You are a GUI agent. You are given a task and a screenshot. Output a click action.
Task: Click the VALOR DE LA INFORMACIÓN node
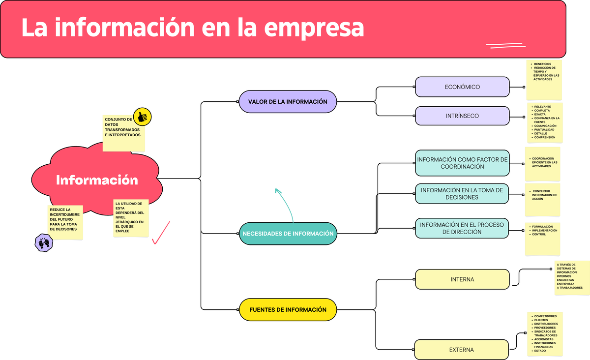(x=288, y=101)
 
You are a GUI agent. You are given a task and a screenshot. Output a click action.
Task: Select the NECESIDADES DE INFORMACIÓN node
(x=288, y=234)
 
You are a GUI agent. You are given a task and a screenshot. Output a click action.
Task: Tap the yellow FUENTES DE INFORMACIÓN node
(x=288, y=310)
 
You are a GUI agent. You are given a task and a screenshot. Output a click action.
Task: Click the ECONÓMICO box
(x=462, y=87)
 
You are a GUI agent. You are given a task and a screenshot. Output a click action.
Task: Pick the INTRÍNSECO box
(x=462, y=116)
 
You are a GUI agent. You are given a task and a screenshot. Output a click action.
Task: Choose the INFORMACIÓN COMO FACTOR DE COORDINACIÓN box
(x=462, y=163)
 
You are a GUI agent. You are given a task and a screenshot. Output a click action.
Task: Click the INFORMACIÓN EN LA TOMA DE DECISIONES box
(x=462, y=194)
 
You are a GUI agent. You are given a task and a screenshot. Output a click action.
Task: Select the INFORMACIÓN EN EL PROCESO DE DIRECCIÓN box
(x=462, y=228)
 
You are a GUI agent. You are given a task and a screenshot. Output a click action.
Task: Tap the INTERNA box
(x=462, y=279)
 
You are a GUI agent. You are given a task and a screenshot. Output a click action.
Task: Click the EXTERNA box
(x=462, y=350)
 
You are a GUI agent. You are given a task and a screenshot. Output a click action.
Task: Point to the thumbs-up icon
(x=143, y=117)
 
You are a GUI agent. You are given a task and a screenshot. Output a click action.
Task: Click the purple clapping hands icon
(x=44, y=242)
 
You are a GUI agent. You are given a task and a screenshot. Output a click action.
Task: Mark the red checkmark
(x=161, y=233)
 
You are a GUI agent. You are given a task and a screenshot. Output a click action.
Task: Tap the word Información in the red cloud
(x=97, y=180)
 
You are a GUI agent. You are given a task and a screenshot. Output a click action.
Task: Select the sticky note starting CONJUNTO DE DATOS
(x=123, y=133)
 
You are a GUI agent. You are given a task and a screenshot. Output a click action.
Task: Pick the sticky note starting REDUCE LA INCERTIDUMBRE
(x=65, y=222)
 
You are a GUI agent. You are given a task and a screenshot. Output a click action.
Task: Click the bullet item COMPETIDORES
(x=545, y=316)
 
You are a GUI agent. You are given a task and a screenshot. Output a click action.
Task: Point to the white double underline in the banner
(x=505, y=46)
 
